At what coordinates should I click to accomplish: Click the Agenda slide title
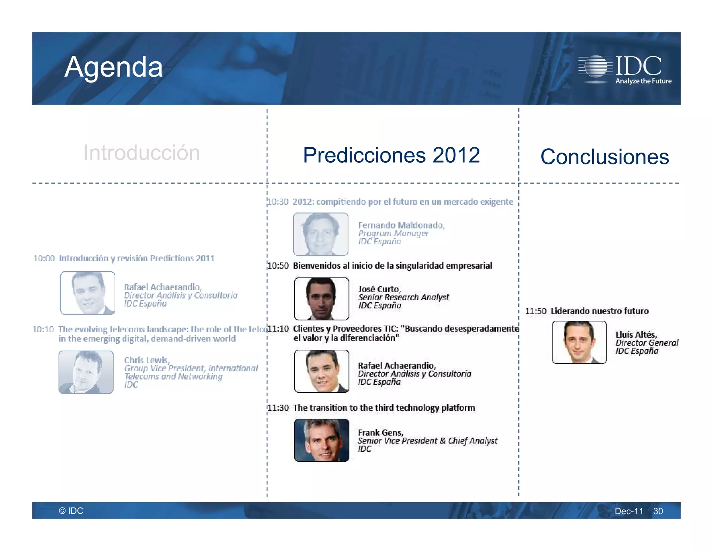coord(113,67)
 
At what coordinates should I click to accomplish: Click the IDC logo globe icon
coord(596,66)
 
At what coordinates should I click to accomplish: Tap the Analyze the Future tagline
coord(643,81)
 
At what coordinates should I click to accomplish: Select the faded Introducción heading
coord(141,153)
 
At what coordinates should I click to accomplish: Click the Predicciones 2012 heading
coord(391,155)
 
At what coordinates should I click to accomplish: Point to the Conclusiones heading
coord(604,157)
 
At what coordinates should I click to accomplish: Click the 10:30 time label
coord(278,202)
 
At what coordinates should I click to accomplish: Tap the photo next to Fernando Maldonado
coord(321,234)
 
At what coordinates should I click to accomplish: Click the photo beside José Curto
coord(321,299)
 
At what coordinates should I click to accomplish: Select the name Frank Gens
coord(380,433)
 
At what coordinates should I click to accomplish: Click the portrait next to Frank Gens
coord(321,440)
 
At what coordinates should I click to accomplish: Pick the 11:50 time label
coord(535,311)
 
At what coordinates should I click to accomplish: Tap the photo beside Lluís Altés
coord(579,342)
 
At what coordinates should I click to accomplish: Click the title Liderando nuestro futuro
coord(600,311)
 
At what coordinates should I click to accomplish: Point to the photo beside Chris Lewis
coord(86,372)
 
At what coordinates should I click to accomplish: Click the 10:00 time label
coord(44,258)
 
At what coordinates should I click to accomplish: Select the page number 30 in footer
coord(658,511)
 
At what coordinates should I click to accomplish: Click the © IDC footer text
coord(71,511)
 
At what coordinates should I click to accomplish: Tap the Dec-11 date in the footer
coord(629,511)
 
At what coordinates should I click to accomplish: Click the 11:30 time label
coord(278,408)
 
